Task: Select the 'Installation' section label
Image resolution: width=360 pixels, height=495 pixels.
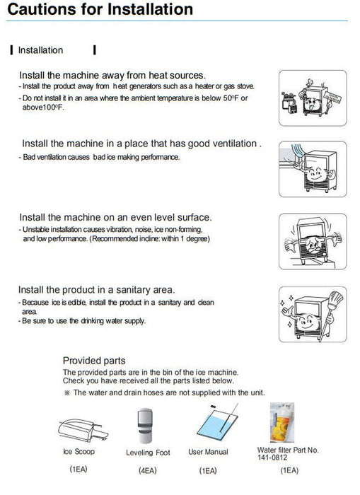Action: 40,50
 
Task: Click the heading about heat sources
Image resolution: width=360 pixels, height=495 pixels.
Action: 112,76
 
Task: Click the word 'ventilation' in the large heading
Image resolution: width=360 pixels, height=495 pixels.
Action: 227,144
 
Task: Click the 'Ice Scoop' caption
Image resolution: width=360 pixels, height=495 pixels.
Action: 77,451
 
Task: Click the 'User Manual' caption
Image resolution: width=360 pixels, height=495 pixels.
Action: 208,450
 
